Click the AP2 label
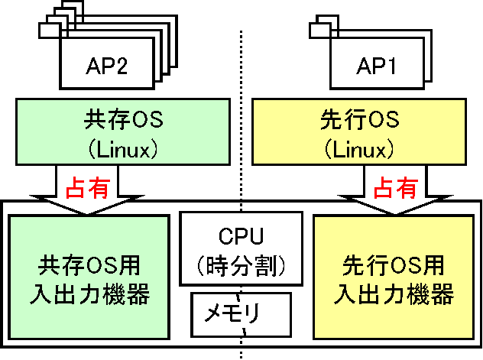[x=106, y=66]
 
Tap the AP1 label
[x=377, y=66]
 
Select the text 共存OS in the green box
[x=123, y=119]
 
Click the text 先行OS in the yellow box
[x=360, y=119]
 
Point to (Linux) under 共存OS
[x=123, y=150]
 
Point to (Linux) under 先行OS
[x=359, y=150]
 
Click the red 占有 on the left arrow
[x=88, y=187]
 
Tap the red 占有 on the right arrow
[x=396, y=187]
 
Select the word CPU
[x=241, y=236]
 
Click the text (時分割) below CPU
[x=241, y=266]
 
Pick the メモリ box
[x=241, y=314]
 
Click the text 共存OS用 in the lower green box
[x=89, y=265]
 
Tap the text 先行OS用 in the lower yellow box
[x=394, y=265]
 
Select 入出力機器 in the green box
[x=89, y=294]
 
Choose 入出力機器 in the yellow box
[x=394, y=294]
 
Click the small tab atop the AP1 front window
[x=319, y=31]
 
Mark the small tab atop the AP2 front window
[x=50, y=31]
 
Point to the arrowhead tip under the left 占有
[x=87, y=213]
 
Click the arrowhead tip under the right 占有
[x=395, y=213]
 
